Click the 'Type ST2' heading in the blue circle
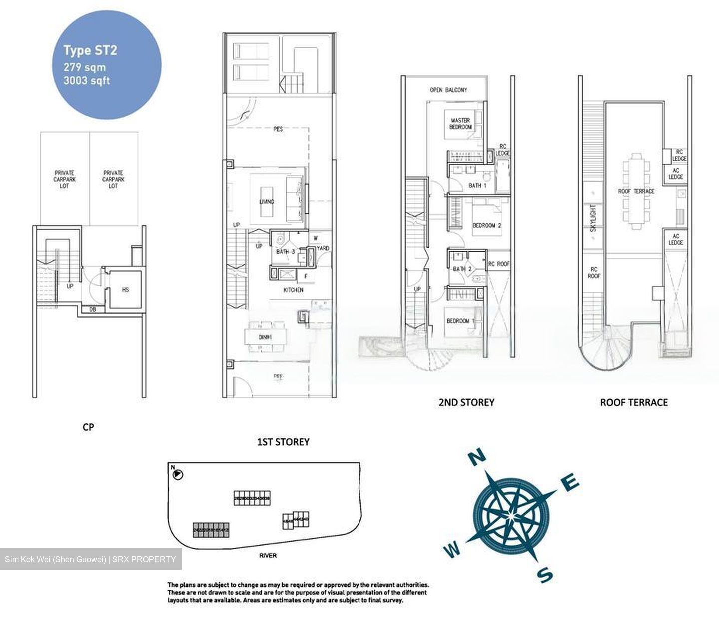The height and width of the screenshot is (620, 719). coord(90,50)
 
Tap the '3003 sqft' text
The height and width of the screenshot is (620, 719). coord(86,81)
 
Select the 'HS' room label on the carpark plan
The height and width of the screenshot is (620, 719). coord(125,289)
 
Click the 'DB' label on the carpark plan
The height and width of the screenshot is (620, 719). coord(93,310)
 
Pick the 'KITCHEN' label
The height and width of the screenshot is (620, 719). coord(293,290)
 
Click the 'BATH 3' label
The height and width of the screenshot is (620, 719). coord(285,251)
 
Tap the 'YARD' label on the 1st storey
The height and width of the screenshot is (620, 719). coord(323,248)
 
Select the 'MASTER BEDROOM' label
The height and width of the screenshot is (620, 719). coord(460,124)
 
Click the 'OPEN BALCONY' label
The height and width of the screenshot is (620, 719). coord(448,90)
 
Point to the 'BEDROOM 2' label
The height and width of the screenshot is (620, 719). coord(487,225)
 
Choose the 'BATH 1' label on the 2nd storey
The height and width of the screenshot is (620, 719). coord(477,185)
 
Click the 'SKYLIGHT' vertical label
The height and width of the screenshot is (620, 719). coord(593,218)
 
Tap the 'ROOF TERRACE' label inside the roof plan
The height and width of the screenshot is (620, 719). coord(636,191)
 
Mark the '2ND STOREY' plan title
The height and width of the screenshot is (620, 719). coord(466,402)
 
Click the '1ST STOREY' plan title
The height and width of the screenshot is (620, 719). coord(283,442)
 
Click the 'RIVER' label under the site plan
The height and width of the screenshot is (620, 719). coord(268,555)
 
